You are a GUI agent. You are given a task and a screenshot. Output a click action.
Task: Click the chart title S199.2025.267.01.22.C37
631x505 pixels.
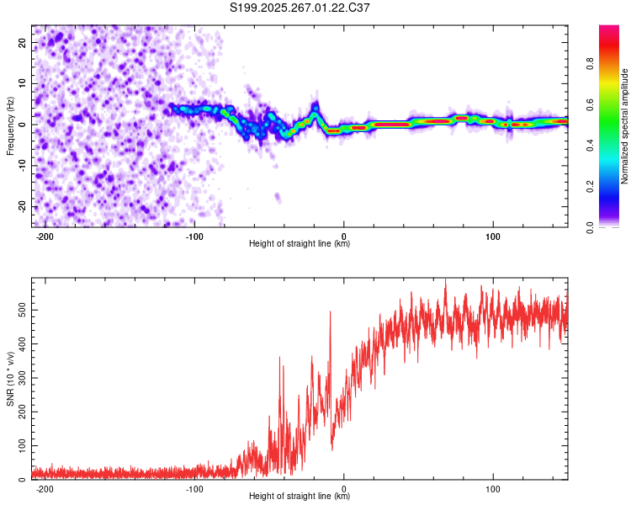click(300, 8)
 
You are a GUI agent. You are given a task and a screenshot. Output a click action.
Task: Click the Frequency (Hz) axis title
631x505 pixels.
click(10, 126)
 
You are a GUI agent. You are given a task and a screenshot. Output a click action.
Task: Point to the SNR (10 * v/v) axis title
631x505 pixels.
click(10, 379)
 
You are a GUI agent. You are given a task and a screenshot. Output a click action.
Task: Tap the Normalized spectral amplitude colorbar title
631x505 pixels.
click(625, 127)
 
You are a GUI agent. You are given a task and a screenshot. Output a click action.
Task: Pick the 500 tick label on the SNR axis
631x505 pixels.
click(20, 311)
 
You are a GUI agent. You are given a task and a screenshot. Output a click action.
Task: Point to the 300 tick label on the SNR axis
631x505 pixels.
click(20, 377)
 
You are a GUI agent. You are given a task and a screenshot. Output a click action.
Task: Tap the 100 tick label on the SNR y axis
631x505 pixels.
click(20, 444)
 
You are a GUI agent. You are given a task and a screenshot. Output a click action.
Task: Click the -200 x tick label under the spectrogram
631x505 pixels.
click(45, 237)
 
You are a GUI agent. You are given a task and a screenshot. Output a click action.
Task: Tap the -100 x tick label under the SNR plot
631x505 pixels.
click(194, 488)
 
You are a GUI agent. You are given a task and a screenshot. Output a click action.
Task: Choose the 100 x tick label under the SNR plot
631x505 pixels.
click(494, 488)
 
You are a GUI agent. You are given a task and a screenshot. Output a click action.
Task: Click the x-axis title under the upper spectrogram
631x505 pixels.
click(300, 244)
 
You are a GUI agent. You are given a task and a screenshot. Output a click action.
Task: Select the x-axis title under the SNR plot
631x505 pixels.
click(300, 496)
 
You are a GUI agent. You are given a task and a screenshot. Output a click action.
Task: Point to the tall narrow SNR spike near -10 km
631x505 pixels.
click(330, 313)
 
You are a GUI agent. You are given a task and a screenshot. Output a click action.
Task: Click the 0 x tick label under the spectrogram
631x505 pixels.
click(344, 237)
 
